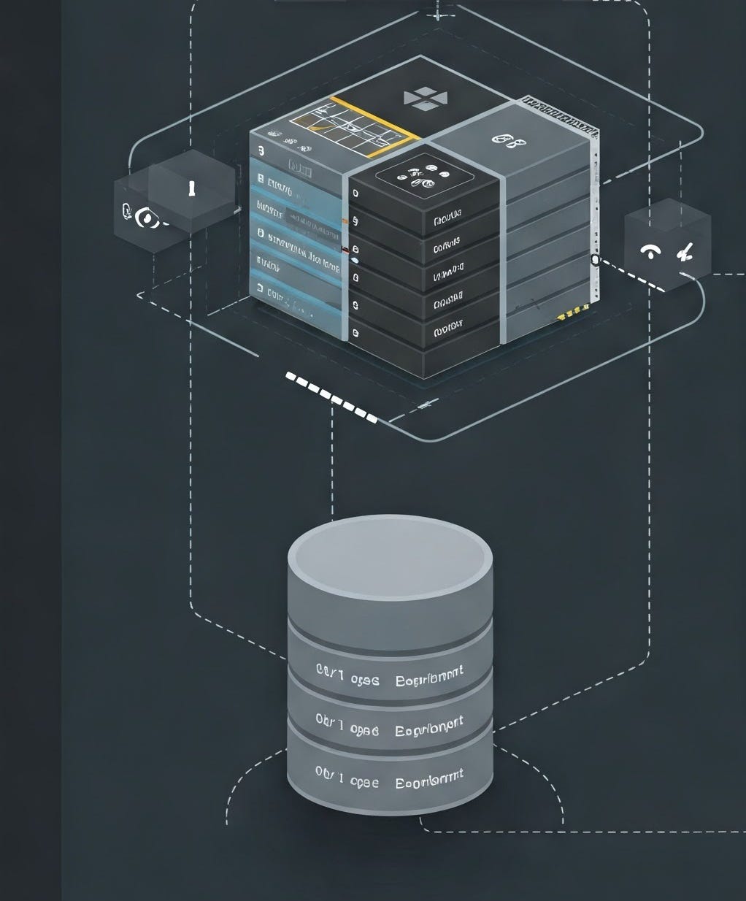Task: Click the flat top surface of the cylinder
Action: [390, 553]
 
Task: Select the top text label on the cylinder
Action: [390, 675]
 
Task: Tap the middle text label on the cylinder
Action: [390, 726]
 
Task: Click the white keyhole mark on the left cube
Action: [192, 188]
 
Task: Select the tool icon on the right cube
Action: [685, 253]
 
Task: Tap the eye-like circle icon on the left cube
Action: [147, 218]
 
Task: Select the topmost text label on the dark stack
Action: [447, 217]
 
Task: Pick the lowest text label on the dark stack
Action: [447, 328]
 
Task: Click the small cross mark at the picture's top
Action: [438, 14]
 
